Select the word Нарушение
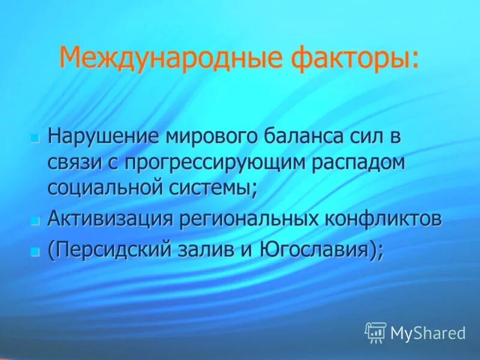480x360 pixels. click(101, 137)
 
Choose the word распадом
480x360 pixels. click(359, 163)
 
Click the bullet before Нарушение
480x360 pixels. click(34, 137)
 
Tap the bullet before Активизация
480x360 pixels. click(34, 220)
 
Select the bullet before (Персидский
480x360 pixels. click(34, 249)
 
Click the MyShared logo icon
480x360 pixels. click(375, 332)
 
